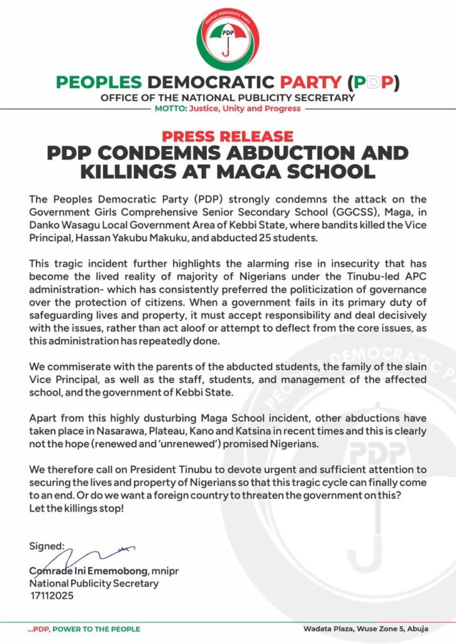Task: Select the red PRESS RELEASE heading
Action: click(228, 136)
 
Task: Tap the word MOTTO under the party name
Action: click(170, 108)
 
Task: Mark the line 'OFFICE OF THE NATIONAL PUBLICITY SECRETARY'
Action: click(228, 97)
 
